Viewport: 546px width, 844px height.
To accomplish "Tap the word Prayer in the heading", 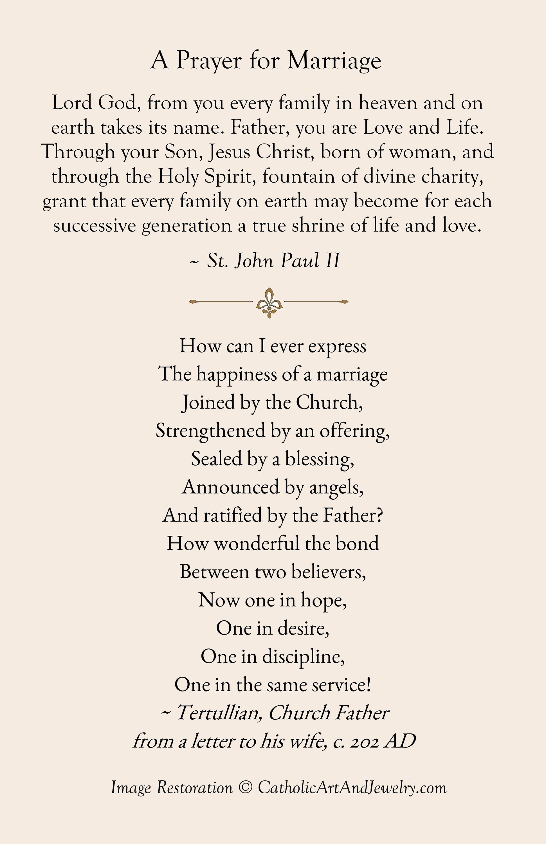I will point(208,60).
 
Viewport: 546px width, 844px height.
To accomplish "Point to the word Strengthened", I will point(211,431).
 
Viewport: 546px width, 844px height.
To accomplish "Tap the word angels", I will point(336,487).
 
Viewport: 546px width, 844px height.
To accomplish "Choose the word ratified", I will point(232,515).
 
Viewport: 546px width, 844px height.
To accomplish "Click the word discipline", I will point(303,656).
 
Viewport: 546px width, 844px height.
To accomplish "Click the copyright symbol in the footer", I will point(245,788).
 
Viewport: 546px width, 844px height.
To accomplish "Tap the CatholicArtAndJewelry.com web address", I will point(352,788).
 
